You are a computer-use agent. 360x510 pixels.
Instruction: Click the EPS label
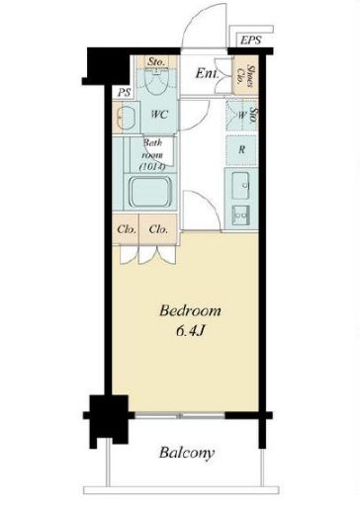(x=250, y=41)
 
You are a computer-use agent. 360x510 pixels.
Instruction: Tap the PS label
(x=125, y=93)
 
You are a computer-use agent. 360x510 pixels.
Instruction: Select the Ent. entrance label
(x=207, y=73)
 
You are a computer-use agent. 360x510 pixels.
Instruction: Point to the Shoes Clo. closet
(x=245, y=76)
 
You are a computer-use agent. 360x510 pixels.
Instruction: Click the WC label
(x=159, y=115)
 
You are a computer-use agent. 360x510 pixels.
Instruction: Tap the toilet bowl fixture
(x=157, y=81)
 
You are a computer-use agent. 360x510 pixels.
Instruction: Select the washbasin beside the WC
(x=126, y=118)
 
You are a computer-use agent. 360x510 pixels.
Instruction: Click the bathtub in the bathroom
(x=150, y=193)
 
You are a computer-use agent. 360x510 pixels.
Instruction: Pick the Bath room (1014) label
(x=152, y=154)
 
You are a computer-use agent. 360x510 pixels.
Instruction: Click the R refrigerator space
(x=241, y=150)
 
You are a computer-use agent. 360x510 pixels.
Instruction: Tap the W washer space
(x=242, y=115)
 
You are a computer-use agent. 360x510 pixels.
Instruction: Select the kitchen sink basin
(x=240, y=186)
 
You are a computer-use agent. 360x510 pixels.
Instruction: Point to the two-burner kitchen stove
(x=240, y=215)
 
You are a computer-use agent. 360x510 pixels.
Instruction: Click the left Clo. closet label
(x=127, y=229)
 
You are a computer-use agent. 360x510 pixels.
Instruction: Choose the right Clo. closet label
(x=158, y=229)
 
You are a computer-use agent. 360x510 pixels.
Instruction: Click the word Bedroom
(x=190, y=310)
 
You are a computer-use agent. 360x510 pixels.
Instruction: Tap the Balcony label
(x=187, y=453)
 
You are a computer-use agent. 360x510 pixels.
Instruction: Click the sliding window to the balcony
(x=180, y=416)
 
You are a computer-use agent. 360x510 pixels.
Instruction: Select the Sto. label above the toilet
(x=156, y=61)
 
